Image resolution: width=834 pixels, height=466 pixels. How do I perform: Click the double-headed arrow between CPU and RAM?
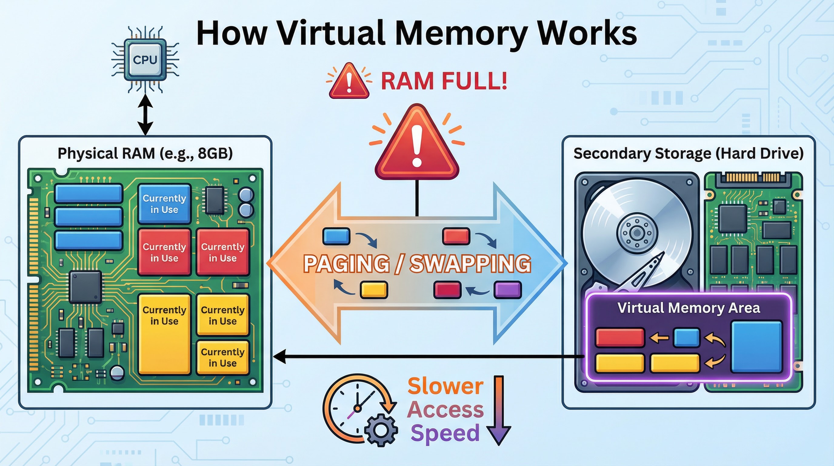tap(145, 114)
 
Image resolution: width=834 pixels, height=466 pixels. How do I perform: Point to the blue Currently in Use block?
tap(165, 204)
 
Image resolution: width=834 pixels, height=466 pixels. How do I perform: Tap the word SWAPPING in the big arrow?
tap(470, 263)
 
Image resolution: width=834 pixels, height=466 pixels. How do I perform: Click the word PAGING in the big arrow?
tap(346, 263)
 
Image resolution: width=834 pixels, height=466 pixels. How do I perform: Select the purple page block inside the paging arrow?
tap(507, 290)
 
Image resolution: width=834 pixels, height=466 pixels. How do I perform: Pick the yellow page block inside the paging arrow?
tap(374, 290)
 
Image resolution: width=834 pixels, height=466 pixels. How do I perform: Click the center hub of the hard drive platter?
tap(637, 232)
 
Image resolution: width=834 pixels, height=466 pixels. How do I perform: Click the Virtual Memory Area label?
tap(688, 308)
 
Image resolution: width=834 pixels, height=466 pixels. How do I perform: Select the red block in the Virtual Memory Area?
tap(620, 338)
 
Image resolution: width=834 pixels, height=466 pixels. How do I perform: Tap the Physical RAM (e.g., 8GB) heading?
tap(145, 153)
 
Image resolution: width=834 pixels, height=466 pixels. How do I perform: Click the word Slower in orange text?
tap(445, 386)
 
